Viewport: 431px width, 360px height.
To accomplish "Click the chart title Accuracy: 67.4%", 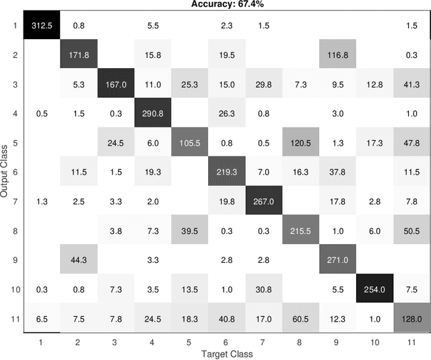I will (227, 5).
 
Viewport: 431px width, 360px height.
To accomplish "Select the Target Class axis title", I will (227, 353).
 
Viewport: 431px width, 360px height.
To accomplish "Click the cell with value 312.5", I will (42, 26).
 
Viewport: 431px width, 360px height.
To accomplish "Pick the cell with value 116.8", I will (335, 55).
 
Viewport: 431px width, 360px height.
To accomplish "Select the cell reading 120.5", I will (299, 143).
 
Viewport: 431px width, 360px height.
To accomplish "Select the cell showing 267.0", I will (262, 202).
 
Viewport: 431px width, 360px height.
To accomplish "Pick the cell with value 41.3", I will (408, 84).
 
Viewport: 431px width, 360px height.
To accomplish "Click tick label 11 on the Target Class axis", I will (408, 342).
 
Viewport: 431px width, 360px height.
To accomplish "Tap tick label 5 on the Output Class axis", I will (15, 143).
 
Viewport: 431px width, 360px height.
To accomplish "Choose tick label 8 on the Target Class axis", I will (299, 342).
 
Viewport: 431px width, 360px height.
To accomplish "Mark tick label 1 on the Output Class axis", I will (15, 26).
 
